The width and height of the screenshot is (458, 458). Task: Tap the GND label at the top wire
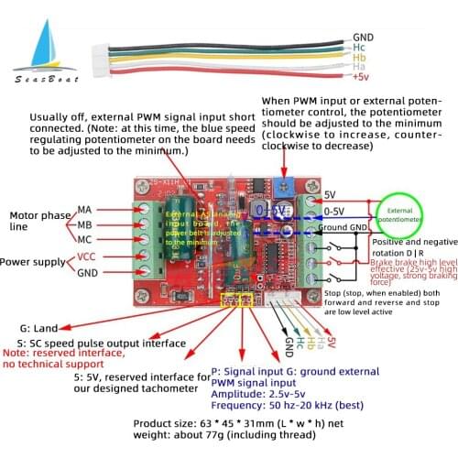364,38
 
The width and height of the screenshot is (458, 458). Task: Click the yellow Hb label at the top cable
361,57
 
